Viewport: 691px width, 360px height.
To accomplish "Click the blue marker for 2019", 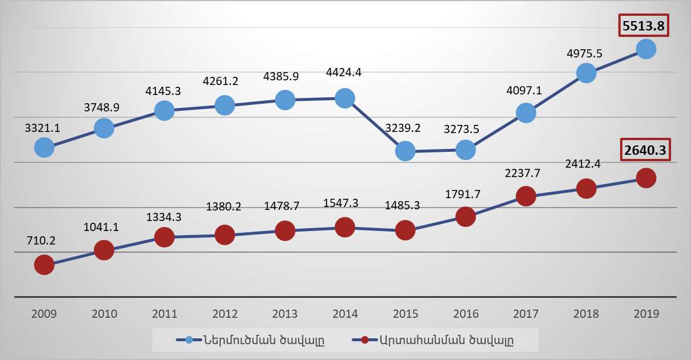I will click(x=646, y=49).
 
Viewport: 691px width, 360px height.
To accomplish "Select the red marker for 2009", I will click(x=44, y=265).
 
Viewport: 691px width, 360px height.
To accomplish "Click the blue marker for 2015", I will click(x=405, y=151).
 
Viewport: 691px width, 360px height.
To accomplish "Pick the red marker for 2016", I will click(x=465, y=217).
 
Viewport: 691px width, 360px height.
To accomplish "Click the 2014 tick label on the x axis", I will click(x=345, y=314).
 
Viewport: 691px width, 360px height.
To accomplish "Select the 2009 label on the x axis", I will click(x=44, y=314).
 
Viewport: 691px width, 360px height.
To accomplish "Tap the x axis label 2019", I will click(x=646, y=314).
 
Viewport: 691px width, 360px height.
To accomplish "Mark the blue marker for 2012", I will click(x=224, y=106).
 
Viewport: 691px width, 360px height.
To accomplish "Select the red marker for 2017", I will click(x=526, y=196).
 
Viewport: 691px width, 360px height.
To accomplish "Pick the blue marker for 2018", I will click(x=586, y=73).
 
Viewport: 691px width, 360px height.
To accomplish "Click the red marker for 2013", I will click(x=285, y=230).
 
